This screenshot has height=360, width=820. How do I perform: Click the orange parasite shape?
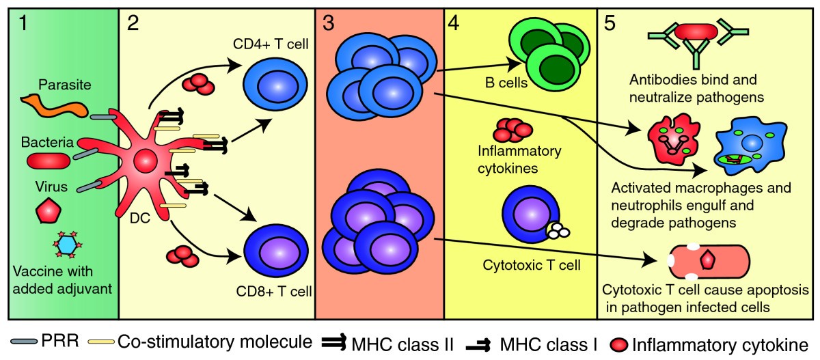[57, 106]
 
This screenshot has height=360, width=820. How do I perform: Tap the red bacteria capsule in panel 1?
[48, 160]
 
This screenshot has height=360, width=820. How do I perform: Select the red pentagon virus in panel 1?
[49, 212]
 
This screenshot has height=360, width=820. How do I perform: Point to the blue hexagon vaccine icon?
[67, 244]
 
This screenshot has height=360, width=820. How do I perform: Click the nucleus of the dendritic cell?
[146, 162]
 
